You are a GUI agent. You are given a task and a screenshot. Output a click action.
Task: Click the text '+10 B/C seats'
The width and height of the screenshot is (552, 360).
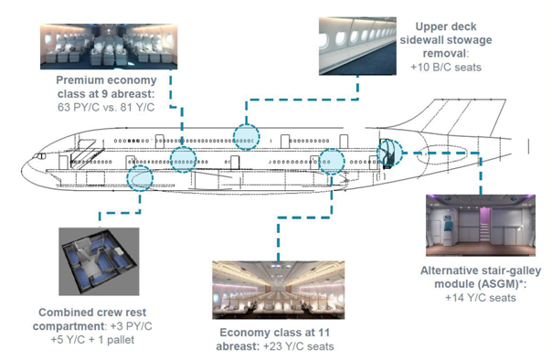coord(444,68)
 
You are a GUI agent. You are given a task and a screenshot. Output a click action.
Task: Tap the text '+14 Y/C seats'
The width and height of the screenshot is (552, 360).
coord(477,297)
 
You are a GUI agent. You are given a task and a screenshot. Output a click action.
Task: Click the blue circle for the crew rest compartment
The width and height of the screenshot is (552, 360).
coord(140,177)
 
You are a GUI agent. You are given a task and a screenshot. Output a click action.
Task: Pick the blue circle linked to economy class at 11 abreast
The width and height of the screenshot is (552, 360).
coord(331,161)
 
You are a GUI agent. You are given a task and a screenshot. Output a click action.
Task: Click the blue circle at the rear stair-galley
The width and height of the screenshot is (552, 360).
coord(390,153)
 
